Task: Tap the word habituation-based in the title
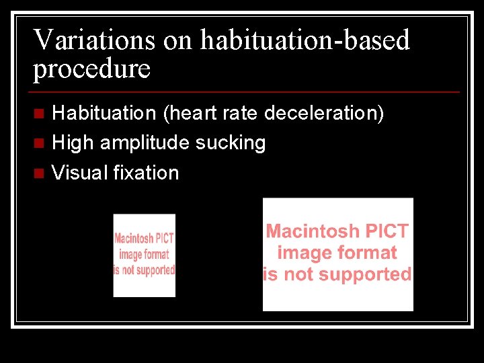click(305, 40)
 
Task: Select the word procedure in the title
click(92, 69)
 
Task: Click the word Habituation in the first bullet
click(104, 113)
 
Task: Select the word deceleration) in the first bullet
click(324, 113)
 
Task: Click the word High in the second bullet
click(73, 143)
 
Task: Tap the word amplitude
click(143, 143)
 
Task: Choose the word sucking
click(231, 143)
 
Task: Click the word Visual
click(80, 173)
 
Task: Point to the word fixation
click(146, 173)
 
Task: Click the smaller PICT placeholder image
click(144, 255)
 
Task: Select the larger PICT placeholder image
click(337, 254)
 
